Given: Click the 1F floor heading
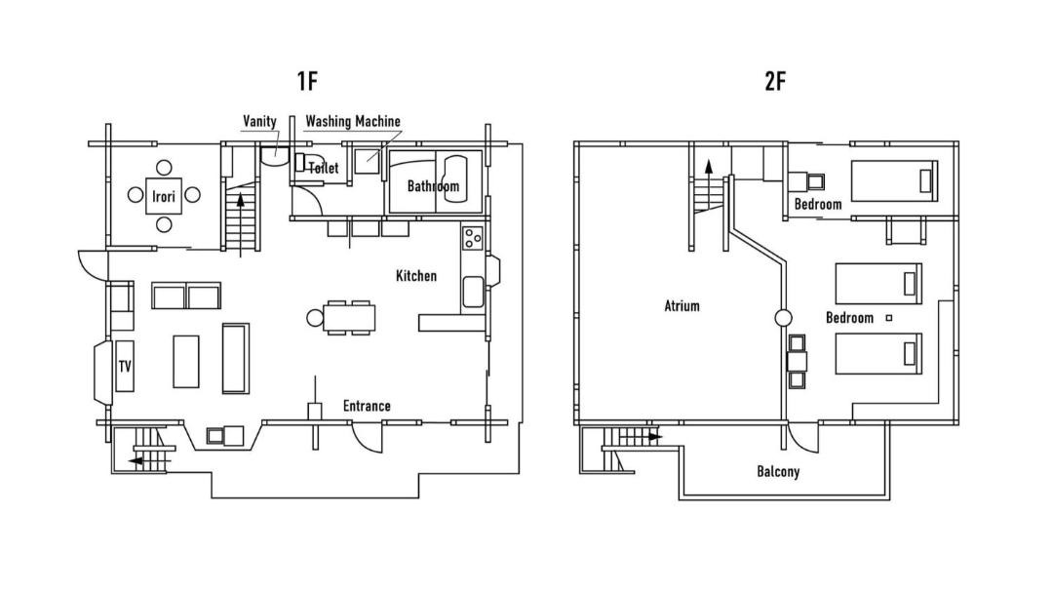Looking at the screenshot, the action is [307, 81].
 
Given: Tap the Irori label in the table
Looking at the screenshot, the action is [163, 196].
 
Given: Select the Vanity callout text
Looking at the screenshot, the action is [259, 121].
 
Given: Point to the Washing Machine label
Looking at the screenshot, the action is [353, 121].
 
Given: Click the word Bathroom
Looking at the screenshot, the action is [433, 186].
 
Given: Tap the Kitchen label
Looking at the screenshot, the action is [415, 275].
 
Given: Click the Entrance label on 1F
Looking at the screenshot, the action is [367, 406].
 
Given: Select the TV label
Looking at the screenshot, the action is [125, 366].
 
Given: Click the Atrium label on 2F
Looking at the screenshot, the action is [682, 305].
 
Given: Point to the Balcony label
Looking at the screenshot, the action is [778, 471].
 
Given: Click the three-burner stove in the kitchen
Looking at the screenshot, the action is [473, 237].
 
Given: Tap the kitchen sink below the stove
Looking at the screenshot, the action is [473, 293].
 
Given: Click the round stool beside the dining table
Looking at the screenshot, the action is [315, 318].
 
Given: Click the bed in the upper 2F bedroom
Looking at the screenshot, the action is [894, 180].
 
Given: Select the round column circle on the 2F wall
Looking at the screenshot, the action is [782, 318].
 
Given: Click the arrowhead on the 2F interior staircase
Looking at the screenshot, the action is [707, 167].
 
